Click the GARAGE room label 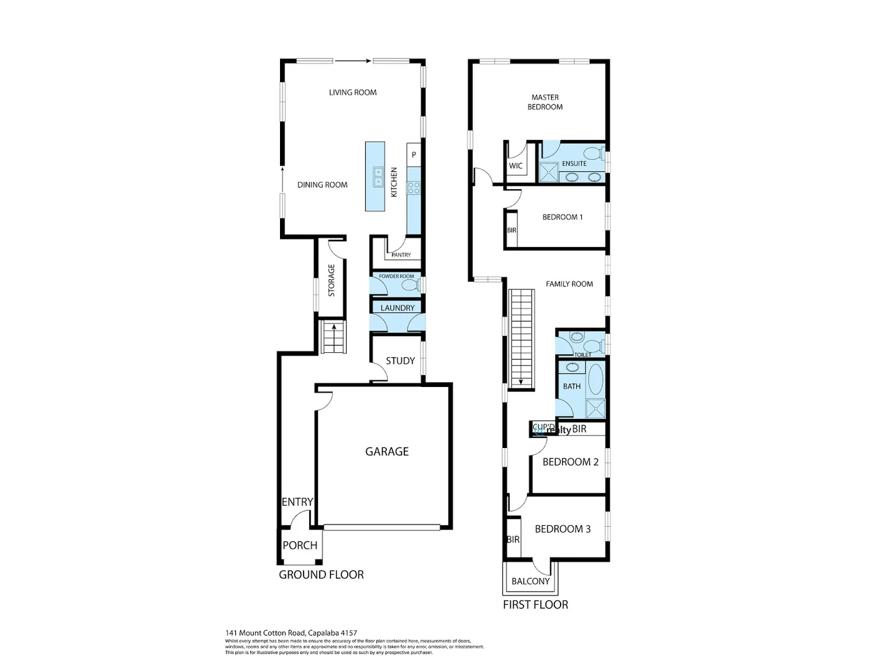(386, 452)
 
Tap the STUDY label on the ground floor (400, 361)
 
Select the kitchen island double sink (378, 177)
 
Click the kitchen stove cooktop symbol (413, 187)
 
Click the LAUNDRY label (397, 308)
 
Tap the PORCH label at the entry (300, 546)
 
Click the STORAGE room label (331, 281)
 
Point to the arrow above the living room (353, 61)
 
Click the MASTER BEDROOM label (545, 102)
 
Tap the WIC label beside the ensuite (516, 166)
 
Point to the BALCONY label (530, 581)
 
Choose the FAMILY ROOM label (569, 284)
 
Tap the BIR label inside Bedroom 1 (511, 230)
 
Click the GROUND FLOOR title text (321, 575)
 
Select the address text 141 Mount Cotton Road (291, 633)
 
